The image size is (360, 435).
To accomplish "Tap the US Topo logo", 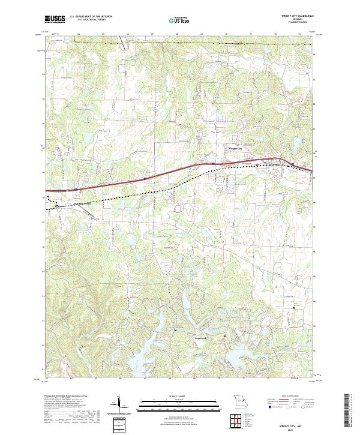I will (179, 20).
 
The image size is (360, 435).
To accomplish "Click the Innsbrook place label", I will (181, 338).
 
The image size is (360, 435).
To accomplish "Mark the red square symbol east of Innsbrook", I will (224, 337).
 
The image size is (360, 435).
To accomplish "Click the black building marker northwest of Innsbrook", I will (176, 331).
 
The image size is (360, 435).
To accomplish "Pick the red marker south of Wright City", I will (256, 165).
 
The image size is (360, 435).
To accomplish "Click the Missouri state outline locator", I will (239, 401).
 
